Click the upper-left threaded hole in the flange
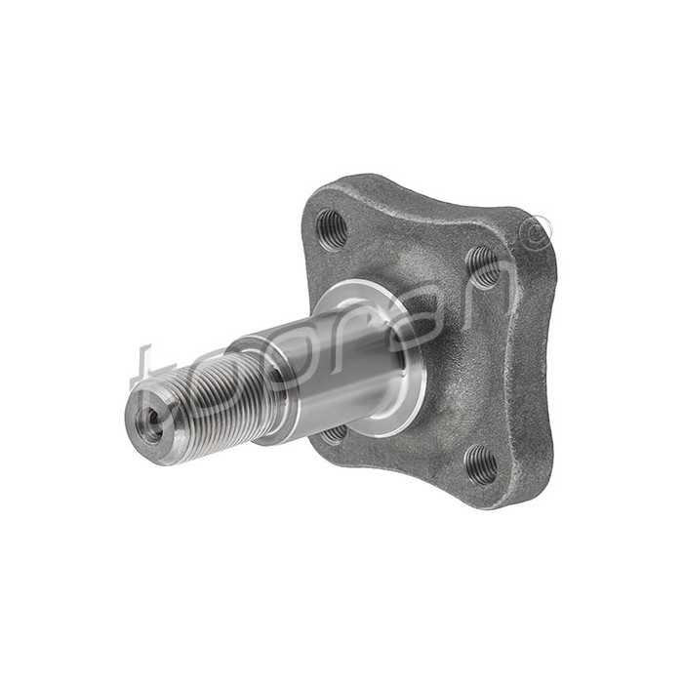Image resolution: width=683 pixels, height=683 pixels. point(332,227)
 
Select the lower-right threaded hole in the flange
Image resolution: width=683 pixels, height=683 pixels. point(480,463)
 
